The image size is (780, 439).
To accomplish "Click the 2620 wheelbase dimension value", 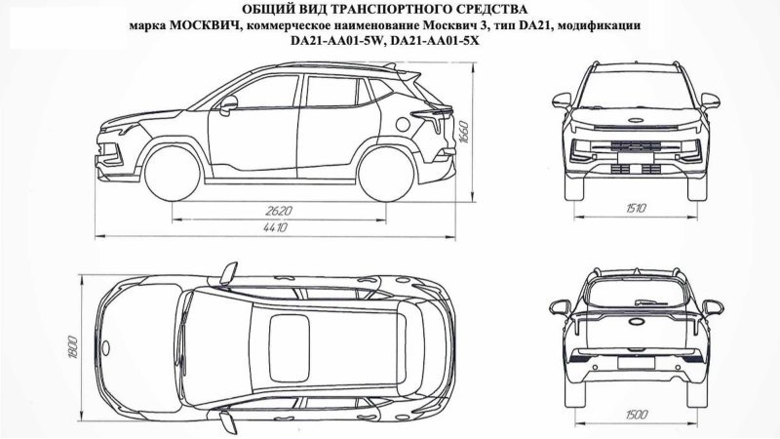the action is pos(279,211).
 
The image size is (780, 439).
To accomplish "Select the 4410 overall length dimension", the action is pos(276,228).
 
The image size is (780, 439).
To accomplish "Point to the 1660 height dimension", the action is pos(464,132).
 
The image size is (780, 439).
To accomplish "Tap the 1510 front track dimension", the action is pos(636,208).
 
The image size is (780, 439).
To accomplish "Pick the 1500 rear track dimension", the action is pos(636,415).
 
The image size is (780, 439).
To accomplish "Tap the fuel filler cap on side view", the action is pos(404,124).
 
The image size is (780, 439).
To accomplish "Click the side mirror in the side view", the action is pos(228,105).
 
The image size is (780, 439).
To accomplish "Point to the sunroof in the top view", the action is pos(290,347).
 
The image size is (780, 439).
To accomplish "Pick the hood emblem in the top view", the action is pos(105,347).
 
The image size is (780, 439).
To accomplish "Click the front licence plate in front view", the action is pos(635,158).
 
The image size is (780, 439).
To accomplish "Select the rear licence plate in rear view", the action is pos(636,362).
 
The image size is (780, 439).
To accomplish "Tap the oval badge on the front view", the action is pos(636,120).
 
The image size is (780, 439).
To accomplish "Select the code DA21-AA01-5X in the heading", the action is pos(435,41).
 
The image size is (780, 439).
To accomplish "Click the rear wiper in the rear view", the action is pos(651,301).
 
